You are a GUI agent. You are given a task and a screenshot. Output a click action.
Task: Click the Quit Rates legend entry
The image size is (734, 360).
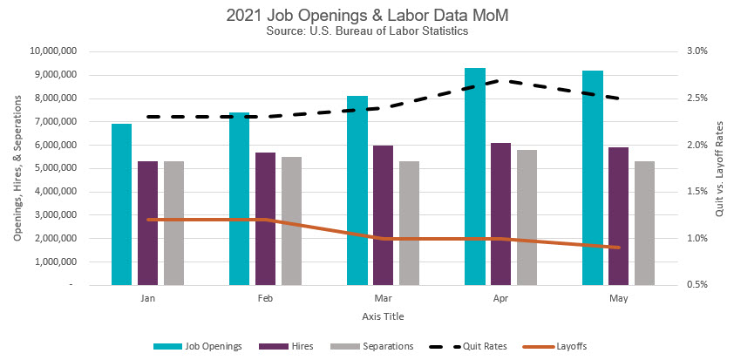(472, 346)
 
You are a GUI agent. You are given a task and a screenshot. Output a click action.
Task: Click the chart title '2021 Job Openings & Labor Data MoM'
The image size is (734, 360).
(366, 15)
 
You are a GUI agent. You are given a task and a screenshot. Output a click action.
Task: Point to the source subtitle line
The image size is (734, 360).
(366, 31)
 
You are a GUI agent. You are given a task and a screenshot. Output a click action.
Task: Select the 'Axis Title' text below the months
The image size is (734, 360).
(383, 316)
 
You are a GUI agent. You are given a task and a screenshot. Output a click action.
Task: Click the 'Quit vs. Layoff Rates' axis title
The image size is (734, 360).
(719, 168)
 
